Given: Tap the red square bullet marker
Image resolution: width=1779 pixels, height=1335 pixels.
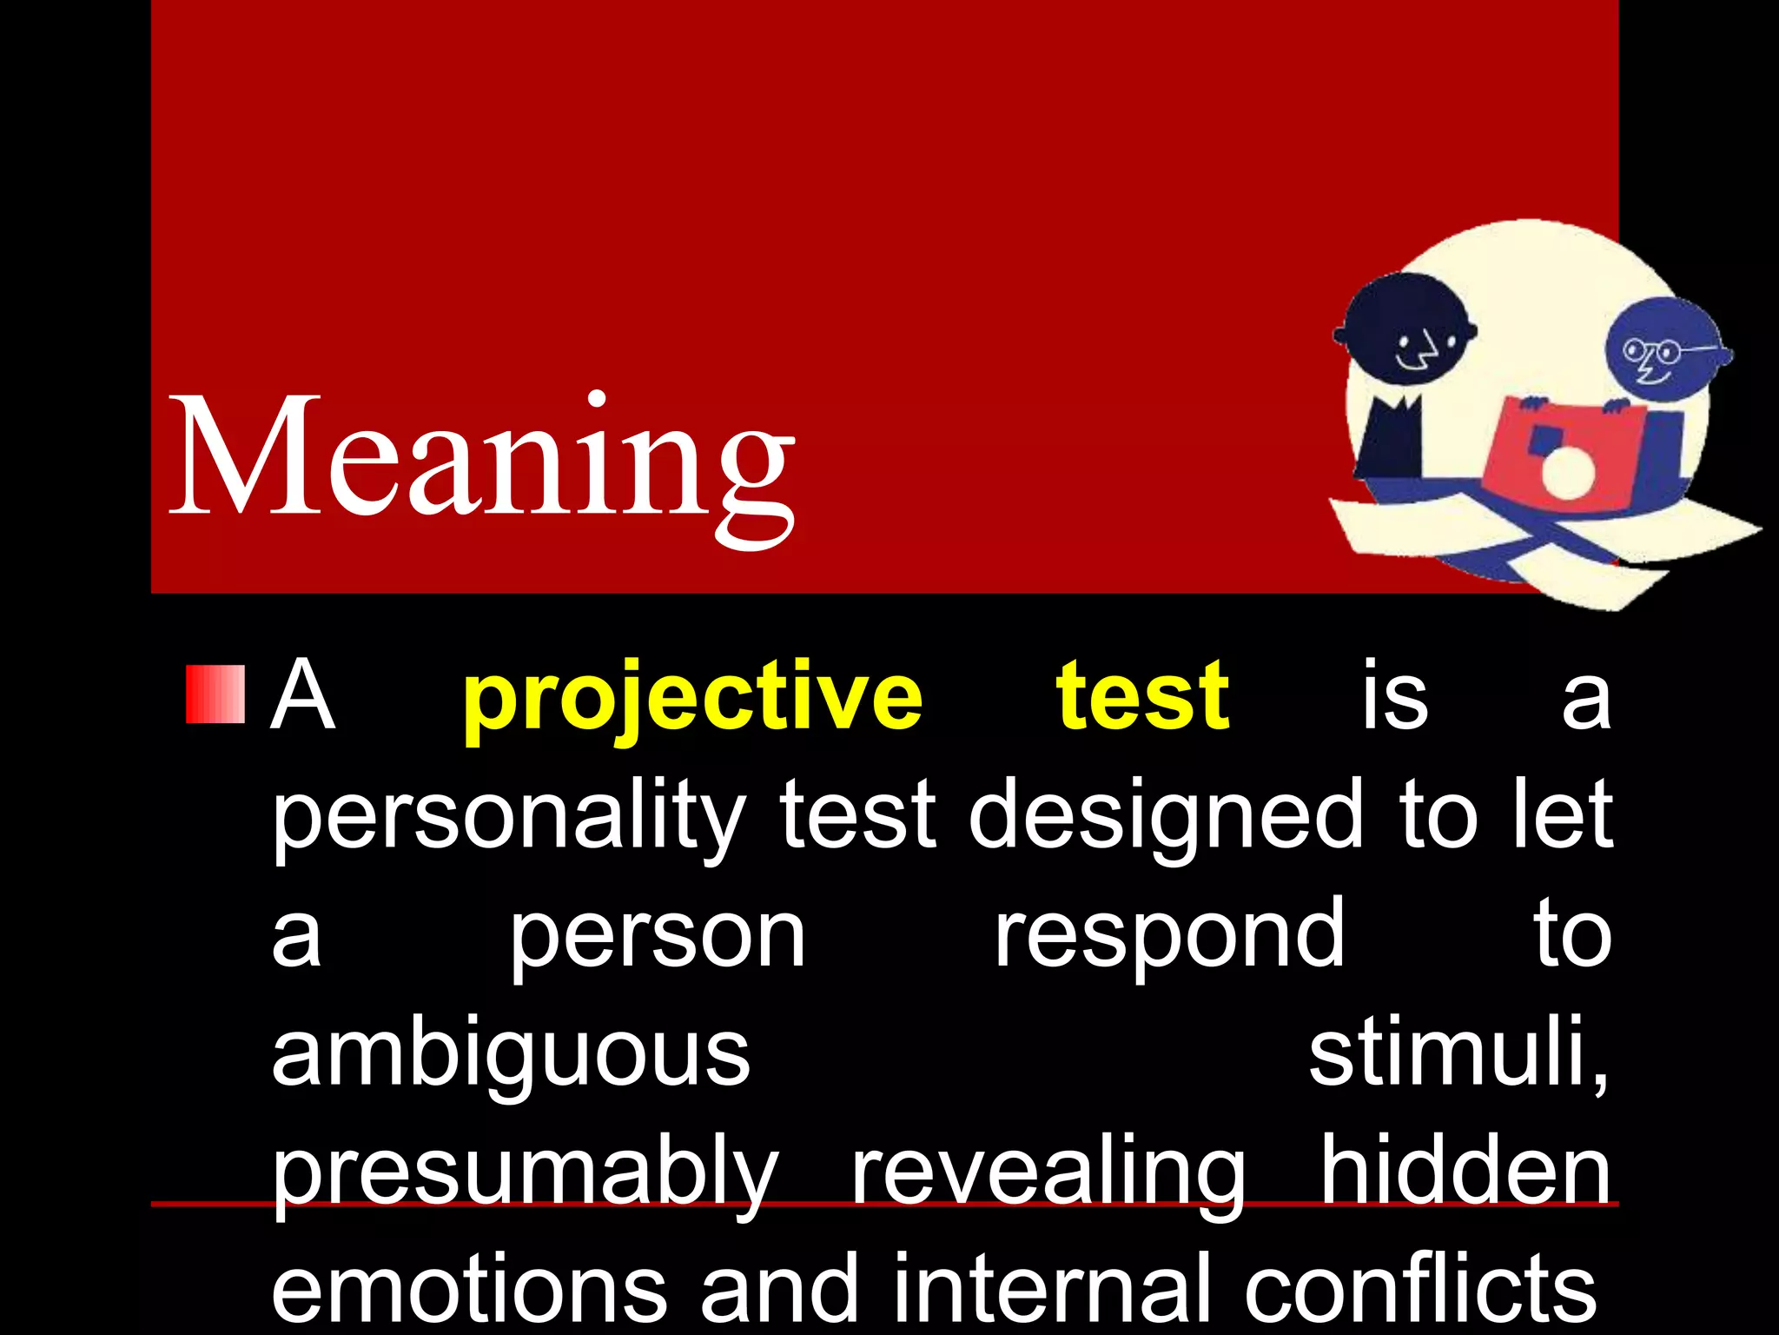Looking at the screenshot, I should tap(215, 694).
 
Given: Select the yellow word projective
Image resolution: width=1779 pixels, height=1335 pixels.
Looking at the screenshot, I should tap(692, 699).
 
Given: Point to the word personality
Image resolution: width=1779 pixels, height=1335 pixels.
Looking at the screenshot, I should tap(508, 817).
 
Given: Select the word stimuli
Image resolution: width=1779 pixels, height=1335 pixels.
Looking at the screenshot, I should tap(1458, 1053).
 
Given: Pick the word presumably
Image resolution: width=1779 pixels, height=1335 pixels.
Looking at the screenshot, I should tap(526, 1174).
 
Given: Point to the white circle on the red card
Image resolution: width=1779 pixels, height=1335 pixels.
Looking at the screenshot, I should tap(1567, 475).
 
